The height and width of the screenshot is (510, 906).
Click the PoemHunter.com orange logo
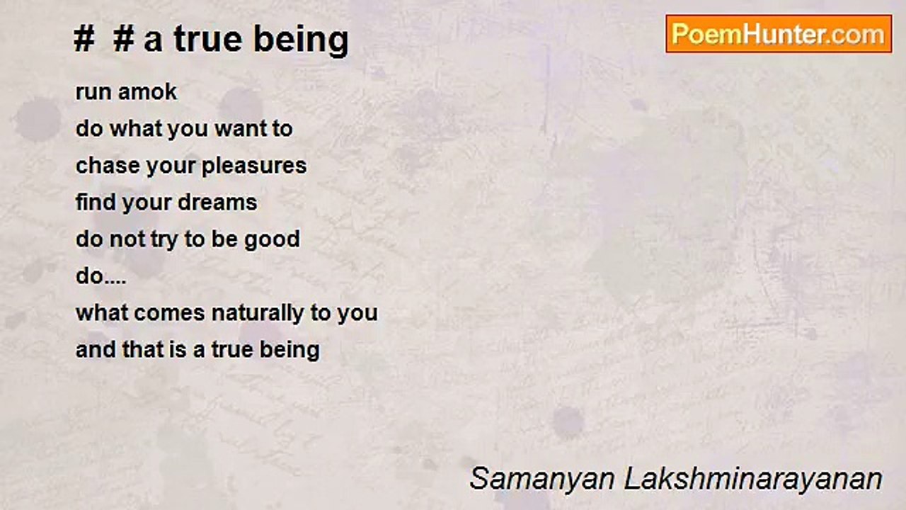coord(779,34)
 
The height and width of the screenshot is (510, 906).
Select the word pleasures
coord(254,166)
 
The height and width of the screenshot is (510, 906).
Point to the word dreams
coord(217,203)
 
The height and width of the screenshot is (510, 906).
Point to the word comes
coord(169,314)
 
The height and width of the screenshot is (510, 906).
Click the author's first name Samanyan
coord(542,480)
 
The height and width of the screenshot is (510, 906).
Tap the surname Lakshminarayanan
coord(754,480)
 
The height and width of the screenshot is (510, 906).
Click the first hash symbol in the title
coord(84,40)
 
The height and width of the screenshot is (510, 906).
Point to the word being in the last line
coord(289,351)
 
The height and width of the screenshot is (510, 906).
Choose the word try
coord(164,240)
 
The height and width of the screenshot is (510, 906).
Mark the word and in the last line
coord(96,350)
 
